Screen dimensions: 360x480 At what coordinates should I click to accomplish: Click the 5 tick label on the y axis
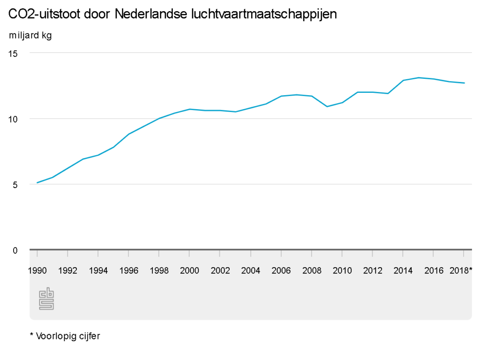[15, 185]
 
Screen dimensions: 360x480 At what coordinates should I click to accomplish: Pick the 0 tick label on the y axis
[15, 250]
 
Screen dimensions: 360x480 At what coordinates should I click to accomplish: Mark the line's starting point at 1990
[37, 182]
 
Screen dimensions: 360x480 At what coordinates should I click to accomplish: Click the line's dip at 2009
[327, 106]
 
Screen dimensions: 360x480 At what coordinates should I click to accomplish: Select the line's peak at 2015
[418, 77]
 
